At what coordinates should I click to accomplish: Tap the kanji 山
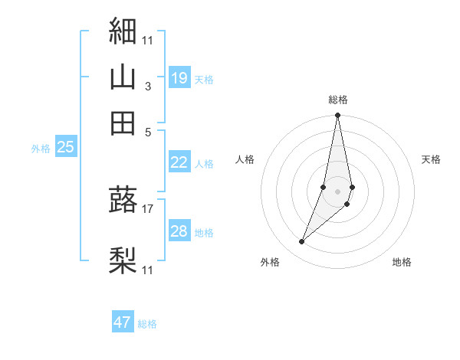tap(123, 77)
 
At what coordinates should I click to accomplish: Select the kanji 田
tap(123, 123)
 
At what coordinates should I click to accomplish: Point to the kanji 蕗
tap(123, 199)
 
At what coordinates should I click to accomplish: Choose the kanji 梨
tap(123, 260)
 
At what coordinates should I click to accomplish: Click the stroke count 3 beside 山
tap(147, 87)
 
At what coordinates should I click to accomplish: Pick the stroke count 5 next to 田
tap(149, 131)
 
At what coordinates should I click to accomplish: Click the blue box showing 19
tap(179, 77)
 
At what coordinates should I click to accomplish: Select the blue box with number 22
tap(179, 162)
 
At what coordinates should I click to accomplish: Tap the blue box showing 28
tap(179, 231)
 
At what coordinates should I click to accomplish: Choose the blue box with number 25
tap(65, 147)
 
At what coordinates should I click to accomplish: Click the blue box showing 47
tap(123, 322)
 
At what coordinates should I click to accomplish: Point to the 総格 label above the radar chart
tap(338, 100)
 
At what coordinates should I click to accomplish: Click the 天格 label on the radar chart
tap(431, 159)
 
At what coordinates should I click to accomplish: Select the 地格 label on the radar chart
tap(402, 262)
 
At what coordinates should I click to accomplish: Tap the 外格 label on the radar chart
tap(270, 262)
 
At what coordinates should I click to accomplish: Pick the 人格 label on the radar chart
tap(245, 159)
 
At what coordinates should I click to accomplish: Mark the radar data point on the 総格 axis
tap(338, 116)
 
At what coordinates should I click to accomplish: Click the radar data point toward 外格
tap(302, 242)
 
